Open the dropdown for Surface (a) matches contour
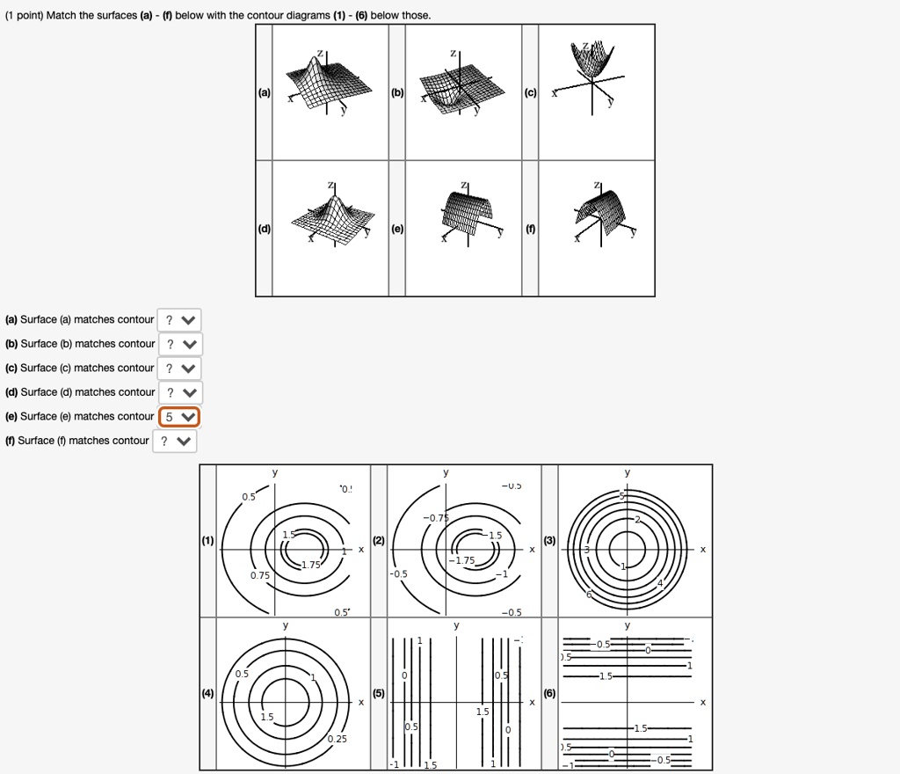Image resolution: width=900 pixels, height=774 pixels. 179,319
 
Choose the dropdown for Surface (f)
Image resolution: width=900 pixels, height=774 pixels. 176,441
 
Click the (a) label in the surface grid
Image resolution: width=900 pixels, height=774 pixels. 264,92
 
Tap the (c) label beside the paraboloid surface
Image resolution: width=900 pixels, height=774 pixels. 530,92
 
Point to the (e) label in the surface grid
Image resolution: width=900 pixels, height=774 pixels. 397,229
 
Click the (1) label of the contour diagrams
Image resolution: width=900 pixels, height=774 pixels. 208,541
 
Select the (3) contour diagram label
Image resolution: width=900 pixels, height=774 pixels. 549,541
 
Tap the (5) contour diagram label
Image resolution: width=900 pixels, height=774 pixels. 379,693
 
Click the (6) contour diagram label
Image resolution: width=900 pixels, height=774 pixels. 549,693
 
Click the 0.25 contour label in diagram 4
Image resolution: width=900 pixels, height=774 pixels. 337,739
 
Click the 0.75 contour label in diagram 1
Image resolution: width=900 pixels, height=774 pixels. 259,575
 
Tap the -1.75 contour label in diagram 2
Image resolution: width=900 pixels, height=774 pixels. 462,561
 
